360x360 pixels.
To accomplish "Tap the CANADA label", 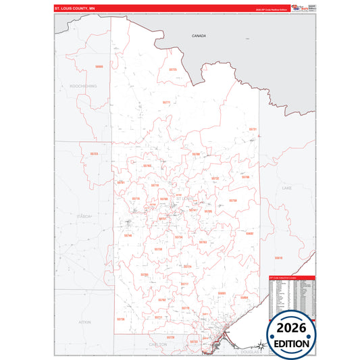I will (198, 35).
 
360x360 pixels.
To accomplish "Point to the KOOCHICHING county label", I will (83, 86).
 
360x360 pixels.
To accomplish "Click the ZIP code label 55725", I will (172, 70).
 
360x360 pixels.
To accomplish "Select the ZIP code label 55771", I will (166, 102).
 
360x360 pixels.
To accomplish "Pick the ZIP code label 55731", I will (253, 129).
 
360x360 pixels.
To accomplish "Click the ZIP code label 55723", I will (94, 154).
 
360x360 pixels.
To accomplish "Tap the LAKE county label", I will (286, 187).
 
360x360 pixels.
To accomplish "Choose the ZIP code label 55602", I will (249, 234).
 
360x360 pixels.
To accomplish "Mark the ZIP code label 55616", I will (278, 258).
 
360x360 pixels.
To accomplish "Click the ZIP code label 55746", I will (128, 235).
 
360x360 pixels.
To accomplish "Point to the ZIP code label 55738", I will (158, 249).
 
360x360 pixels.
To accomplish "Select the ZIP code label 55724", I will (188, 267).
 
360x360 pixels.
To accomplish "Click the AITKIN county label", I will (84, 322).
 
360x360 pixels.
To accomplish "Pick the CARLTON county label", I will (158, 344).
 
